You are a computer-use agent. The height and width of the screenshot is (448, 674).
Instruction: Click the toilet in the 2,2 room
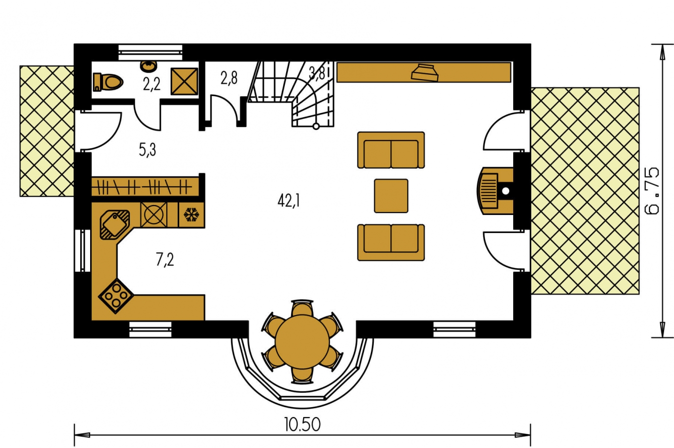(x=108, y=82)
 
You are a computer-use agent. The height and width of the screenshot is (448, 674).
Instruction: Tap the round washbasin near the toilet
(x=149, y=67)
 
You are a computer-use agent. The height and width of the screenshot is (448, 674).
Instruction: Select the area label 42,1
(x=289, y=201)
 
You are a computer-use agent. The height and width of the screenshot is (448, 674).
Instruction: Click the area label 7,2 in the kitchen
(x=165, y=260)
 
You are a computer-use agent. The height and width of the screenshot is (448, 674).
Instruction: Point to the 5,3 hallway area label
(x=147, y=149)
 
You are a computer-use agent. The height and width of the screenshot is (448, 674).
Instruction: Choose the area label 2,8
(x=229, y=78)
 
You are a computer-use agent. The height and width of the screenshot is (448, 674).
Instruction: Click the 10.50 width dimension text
(x=302, y=425)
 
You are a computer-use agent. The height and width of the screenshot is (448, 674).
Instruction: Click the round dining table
(x=302, y=342)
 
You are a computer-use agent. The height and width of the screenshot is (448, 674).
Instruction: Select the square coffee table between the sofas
(x=391, y=196)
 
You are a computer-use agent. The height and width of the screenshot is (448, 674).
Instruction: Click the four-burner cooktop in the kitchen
(x=116, y=296)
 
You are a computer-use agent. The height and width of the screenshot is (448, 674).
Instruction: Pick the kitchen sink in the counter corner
(x=115, y=225)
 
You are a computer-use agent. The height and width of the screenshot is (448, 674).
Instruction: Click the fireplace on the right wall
(x=495, y=191)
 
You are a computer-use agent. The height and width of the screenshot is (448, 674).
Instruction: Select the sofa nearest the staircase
(x=391, y=150)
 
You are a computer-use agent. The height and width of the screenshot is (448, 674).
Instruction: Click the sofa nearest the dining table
(x=391, y=242)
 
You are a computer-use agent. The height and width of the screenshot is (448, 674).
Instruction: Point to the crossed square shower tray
(x=184, y=81)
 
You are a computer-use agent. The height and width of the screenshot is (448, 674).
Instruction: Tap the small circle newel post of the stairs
(x=316, y=126)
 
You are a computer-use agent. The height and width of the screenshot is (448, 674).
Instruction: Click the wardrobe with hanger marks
(x=145, y=187)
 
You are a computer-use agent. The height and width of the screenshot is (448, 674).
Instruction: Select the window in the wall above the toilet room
(x=150, y=53)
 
